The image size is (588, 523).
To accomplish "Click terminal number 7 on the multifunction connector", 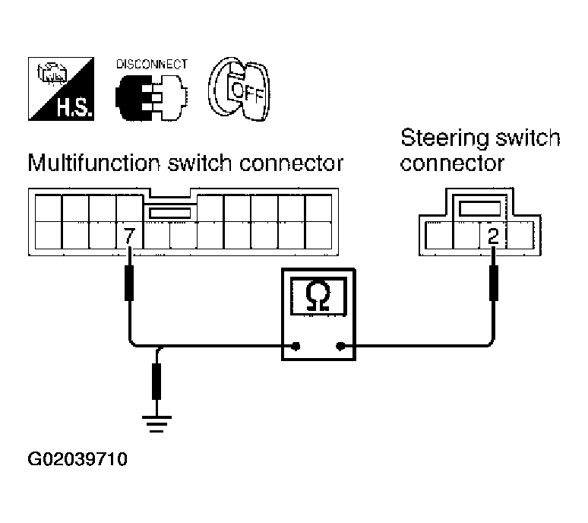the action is point(129,236).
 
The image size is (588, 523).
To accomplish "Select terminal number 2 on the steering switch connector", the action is point(493,236).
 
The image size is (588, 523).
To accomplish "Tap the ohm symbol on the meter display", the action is point(318,296).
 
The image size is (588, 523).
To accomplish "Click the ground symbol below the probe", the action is point(156,424).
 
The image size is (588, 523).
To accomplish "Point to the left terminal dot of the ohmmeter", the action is point(296,346).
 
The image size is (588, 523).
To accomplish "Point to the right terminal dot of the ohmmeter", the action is point(340,346).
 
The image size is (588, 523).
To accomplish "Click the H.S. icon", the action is point(61,89).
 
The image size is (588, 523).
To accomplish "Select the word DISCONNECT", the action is point(151,64).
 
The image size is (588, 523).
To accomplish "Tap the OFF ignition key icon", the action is point(239,89).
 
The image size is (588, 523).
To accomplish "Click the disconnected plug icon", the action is point(151,97).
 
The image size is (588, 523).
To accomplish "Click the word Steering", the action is point(445,139).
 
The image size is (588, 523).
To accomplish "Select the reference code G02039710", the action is point(77,459).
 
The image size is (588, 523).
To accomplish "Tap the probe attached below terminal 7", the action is point(129,283).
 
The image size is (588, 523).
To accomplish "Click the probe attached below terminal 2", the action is point(494,283).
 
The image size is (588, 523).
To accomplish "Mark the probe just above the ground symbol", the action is point(156,381).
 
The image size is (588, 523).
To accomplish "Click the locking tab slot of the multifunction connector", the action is point(170,214).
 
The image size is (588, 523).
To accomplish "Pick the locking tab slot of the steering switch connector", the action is point(480,208).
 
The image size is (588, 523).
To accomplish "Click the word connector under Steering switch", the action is point(452,163).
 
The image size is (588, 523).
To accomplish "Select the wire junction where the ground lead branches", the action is point(160,347).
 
